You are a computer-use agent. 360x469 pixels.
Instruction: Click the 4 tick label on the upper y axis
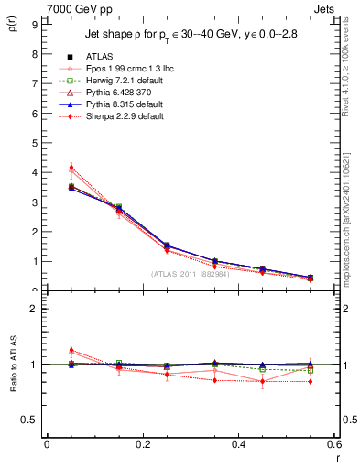(x=34, y=172)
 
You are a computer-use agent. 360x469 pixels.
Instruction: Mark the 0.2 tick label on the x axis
(x=143, y=443)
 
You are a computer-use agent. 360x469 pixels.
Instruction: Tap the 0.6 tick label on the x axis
(x=334, y=443)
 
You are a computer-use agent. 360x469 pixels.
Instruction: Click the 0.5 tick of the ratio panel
(x=30, y=420)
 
